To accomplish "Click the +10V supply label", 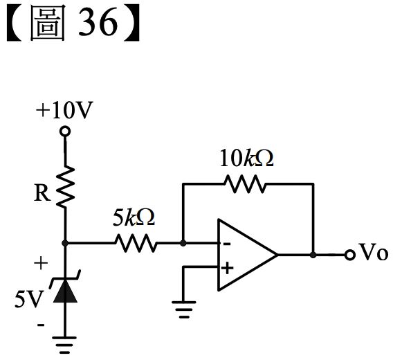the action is pyautogui.click(x=64, y=110).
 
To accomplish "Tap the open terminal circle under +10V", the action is pyautogui.click(x=65, y=132).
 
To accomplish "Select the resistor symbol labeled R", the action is pyautogui.click(x=66, y=186).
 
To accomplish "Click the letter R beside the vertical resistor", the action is pyautogui.click(x=42, y=192).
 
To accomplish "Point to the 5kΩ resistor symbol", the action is pyautogui.click(x=136, y=243).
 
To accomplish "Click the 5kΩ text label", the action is pyautogui.click(x=134, y=217).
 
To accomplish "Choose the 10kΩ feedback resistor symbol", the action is pyautogui.click(x=245, y=184).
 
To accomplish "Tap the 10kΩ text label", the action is pyautogui.click(x=246, y=158).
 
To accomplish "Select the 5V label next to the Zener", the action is pyautogui.click(x=29, y=299).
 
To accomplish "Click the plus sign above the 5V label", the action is pyautogui.click(x=41, y=263).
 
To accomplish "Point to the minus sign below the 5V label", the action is pyautogui.click(x=41, y=325).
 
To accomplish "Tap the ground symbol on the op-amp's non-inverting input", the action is pyautogui.click(x=184, y=309).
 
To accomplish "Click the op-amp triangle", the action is pyautogui.click(x=248, y=255).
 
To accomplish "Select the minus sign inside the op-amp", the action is pyautogui.click(x=227, y=244).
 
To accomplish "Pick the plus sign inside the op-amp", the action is pyautogui.click(x=228, y=268).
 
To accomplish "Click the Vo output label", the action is pyautogui.click(x=374, y=252).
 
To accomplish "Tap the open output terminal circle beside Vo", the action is pyautogui.click(x=350, y=255).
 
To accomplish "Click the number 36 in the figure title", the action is pyautogui.click(x=98, y=21).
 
